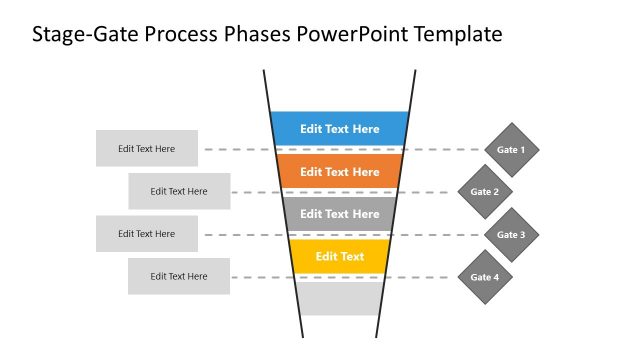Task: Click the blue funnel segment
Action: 340,128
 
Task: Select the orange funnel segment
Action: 340,171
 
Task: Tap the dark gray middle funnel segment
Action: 340,213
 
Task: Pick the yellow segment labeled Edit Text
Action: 340,256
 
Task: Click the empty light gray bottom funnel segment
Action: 340,298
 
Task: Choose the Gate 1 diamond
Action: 511,150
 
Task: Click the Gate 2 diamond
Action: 485,192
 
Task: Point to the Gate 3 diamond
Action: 511,235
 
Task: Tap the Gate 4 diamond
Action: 485,276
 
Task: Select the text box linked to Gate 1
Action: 147,149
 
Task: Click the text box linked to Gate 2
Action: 179,191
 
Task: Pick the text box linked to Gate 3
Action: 147,234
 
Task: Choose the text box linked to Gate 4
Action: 179,276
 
